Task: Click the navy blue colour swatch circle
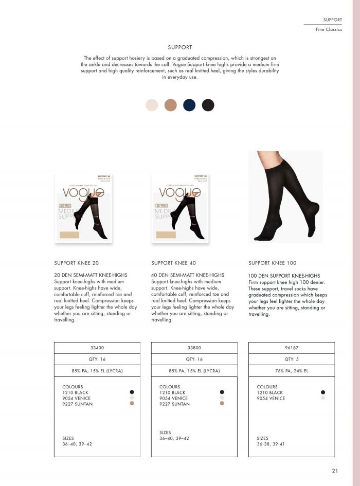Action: [189, 105]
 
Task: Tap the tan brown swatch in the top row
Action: [171, 105]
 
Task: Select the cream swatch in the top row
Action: [152, 105]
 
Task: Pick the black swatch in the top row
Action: [208, 105]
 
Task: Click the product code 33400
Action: [97, 348]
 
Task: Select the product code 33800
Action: [194, 348]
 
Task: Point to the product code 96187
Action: [291, 348]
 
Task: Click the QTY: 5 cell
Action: [291, 359]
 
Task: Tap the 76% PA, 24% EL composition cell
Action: [291, 371]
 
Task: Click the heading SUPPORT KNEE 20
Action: [76, 263]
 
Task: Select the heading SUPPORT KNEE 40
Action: [173, 263]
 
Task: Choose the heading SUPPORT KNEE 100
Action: [272, 263]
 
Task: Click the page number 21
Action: [335, 470]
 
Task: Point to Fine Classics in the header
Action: [329, 29]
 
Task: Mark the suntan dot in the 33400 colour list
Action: [132, 404]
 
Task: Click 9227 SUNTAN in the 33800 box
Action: [174, 404]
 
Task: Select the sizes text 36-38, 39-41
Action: [271, 444]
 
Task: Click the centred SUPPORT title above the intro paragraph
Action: [180, 47]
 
